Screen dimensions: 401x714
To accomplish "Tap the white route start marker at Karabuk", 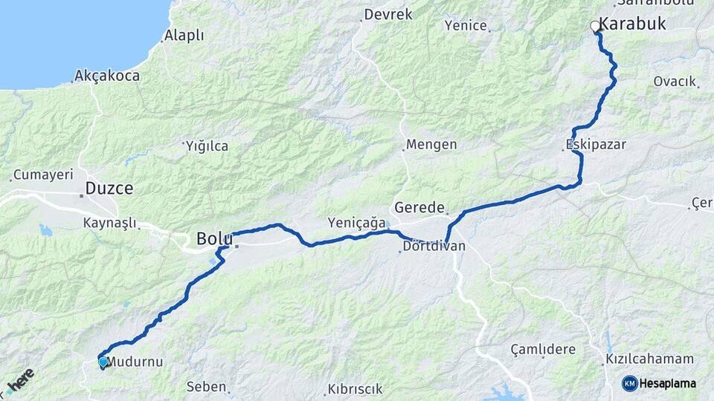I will [595, 27].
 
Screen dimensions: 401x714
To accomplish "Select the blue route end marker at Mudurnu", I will [103, 362].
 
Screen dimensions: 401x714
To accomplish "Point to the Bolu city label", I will [214, 239].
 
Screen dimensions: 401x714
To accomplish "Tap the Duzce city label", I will [109, 189].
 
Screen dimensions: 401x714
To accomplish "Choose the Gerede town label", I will [419, 208].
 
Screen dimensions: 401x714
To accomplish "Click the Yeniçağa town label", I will [357, 223].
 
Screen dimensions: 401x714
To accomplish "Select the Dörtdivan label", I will [434, 246].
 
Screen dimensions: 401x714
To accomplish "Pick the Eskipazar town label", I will [595, 145].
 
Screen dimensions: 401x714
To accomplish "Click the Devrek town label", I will [387, 15].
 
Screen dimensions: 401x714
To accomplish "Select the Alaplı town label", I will [184, 36].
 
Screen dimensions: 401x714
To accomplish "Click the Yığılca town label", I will [207, 146].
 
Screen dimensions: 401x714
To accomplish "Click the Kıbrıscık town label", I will [354, 389].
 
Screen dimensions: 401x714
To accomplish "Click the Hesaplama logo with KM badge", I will [659, 383].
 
